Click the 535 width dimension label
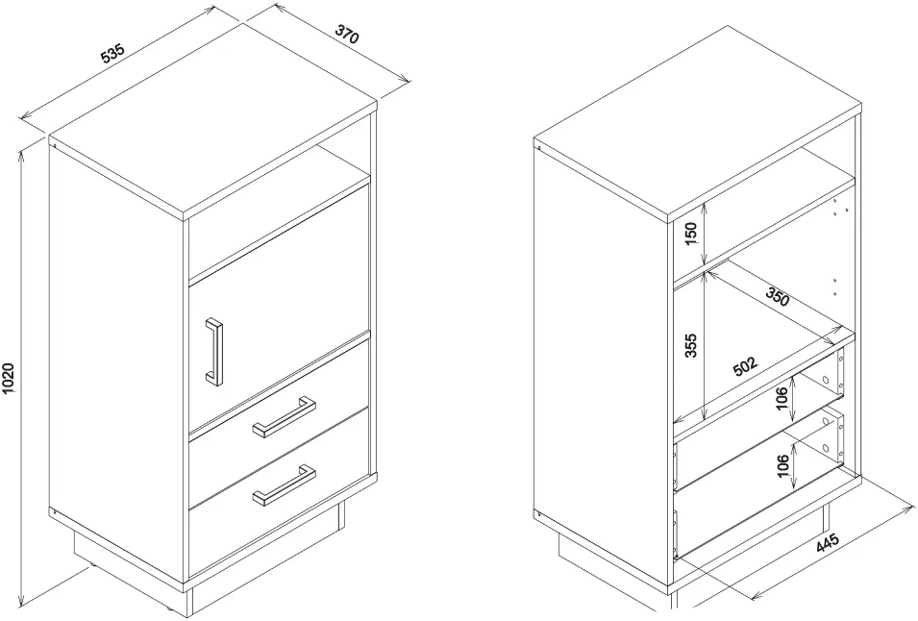tap(113, 53)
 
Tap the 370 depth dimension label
tap(346, 34)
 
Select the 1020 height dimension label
tap(9, 379)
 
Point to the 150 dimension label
tap(691, 234)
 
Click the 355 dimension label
tap(691, 345)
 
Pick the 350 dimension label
tap(777, 297)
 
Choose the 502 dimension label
tap(745, 366)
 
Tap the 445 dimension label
tap(828, 542)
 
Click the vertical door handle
tap(213, 353)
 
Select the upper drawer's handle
tap(285, 417)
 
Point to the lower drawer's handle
tap(285, 484)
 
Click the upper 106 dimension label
tap(781, 399)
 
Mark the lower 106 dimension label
tap(782, 465)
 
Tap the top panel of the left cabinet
tap(213, 122)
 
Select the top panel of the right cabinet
tap(698, 124)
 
